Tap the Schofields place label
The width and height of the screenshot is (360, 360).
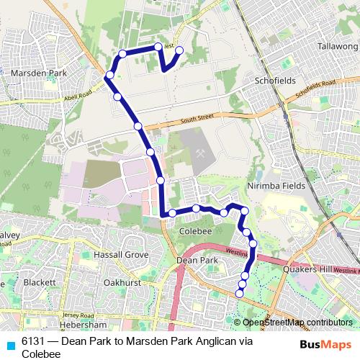pos(274,81)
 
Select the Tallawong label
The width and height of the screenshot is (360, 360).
pos(337,46)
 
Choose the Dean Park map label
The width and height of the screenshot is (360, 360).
pos(197,260)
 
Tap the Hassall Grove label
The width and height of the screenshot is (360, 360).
pos(121,255)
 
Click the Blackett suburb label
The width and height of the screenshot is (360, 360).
pos(40,283)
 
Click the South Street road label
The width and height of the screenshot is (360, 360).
pos(198,118)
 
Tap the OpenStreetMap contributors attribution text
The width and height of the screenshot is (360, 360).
pos(298,323)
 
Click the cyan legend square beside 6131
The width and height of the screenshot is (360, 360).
pos(11,343)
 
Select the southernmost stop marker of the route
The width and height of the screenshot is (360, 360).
pos(240,293)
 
